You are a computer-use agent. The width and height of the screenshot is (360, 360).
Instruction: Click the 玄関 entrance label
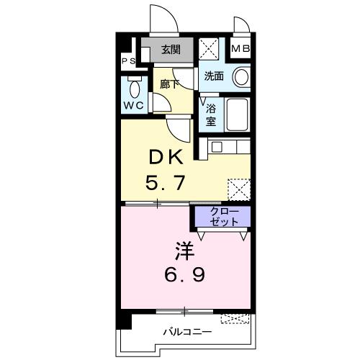pos(171,50)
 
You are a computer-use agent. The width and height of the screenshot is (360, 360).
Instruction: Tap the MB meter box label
pos(240,50)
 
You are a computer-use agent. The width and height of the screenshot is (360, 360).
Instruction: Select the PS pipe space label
pos(128,62)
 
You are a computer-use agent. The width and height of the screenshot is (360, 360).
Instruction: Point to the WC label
pos(135,106)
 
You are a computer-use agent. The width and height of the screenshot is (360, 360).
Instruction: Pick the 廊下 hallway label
pos(168,83)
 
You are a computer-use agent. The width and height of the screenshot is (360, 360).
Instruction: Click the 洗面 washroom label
pos(214,76)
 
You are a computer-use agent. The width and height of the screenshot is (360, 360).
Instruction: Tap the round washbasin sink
pos(241,76)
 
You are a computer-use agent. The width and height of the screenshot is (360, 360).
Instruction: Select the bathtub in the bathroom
pos(238,114)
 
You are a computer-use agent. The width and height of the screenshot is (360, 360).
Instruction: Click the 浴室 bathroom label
pos(210,115)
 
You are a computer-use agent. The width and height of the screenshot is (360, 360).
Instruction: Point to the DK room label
pos(168,158)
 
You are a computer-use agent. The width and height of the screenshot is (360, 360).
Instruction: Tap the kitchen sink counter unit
pos(230,148)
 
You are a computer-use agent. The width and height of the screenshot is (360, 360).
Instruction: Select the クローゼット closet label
pos(220,216)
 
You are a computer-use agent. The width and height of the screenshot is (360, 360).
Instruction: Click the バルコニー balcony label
pos(186,333)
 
